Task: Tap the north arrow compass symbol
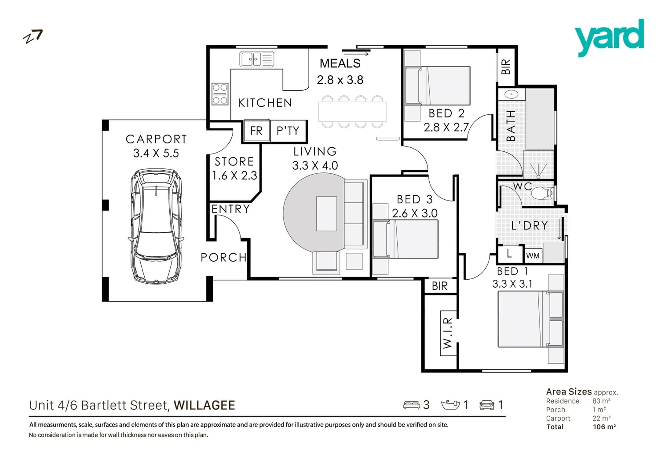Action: point(33,37)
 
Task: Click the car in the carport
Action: point(156,225)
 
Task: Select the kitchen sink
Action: point(256,59)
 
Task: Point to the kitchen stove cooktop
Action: point(220,94)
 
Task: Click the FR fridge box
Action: point(256,131)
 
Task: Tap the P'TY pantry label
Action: point(288,131)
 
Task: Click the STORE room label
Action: point(234,161)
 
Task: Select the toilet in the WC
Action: point(542,193)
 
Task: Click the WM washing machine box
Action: point(533,256)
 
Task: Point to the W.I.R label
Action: point(448,333)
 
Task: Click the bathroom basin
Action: point(511,94)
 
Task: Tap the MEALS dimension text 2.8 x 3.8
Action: point(340,80)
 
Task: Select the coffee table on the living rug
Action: point(326,214)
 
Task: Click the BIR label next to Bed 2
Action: point(506,67)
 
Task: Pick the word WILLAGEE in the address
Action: point(204,405)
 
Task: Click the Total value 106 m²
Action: point(604,427)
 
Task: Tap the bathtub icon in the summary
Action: point(450,405)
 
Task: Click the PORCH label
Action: point(223,257)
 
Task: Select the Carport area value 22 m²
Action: point(601,418)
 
